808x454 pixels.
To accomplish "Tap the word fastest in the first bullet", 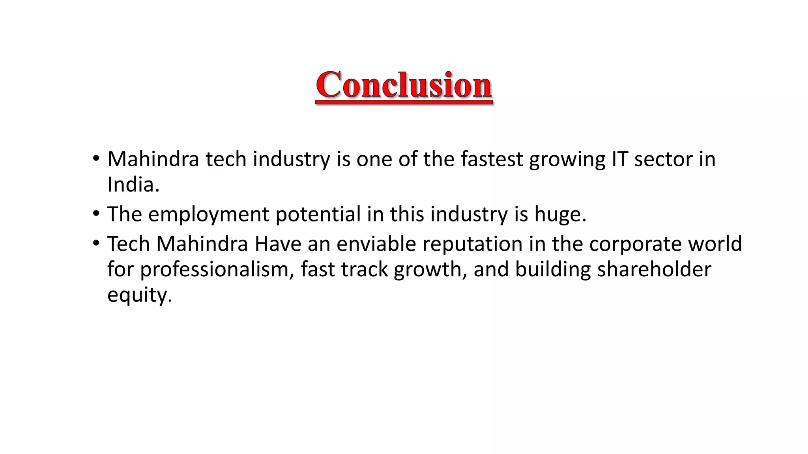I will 492,159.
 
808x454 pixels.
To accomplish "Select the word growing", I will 567,160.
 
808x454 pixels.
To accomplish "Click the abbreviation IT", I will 619,159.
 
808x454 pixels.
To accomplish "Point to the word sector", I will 663,159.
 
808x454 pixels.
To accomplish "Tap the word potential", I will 318,215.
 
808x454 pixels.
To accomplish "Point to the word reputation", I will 472,245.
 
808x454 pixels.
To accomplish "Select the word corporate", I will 635,245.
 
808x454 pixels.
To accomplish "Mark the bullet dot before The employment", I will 96,214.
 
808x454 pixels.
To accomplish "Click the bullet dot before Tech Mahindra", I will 96,243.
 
